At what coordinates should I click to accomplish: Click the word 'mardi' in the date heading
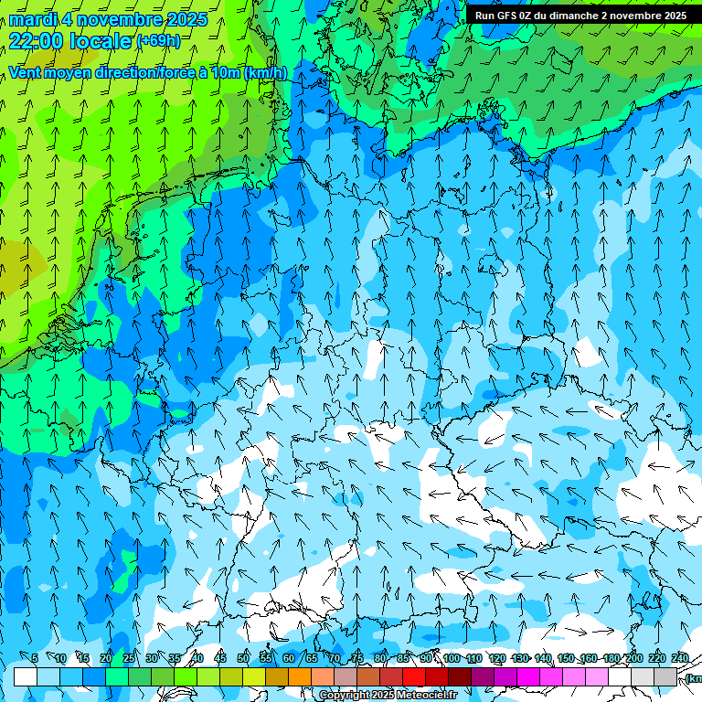tap(33, 19)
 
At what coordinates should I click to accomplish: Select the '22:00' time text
tap(37, 41)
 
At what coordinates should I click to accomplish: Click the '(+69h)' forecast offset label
tap(158, 41)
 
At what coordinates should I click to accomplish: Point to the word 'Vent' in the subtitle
tap(28, 73)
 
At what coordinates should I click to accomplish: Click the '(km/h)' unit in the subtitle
tap(265, 73)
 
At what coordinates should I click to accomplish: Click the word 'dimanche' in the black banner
tap(572, 16)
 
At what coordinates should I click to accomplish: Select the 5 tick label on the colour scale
tap(35, 659)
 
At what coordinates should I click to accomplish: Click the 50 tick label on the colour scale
tap(243, 659)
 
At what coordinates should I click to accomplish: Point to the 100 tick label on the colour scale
tap(452, 659)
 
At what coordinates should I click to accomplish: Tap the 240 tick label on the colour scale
tap(680, 659)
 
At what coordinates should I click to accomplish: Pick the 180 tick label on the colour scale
tap(612, 659)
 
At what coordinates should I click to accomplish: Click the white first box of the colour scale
tap(26, 676)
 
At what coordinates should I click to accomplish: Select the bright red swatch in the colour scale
tap(414, 676)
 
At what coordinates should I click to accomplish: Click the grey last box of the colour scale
tap(665, 676)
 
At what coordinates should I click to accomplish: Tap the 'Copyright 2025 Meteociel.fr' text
tap(388, 696)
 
